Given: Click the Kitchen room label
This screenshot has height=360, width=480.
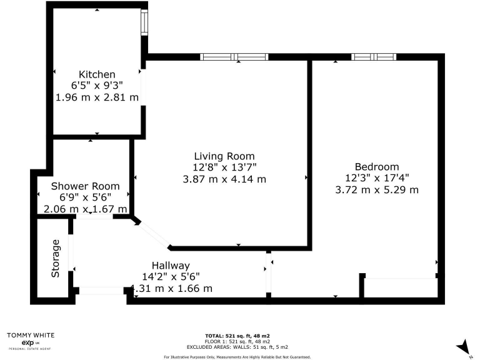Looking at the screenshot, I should (97, 74).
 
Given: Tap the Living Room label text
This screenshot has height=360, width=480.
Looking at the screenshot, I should (224, 156).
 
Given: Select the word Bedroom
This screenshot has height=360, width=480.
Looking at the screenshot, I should (376, 166).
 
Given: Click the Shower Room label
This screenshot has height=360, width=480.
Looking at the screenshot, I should (85, 186).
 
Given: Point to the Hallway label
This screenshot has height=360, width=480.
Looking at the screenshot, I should (171, 266).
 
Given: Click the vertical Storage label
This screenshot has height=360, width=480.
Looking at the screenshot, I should (56, 258).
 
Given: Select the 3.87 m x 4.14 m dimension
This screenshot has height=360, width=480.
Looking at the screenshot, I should (224, 179).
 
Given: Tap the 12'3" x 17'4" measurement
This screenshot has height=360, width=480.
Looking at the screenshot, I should (376, 177).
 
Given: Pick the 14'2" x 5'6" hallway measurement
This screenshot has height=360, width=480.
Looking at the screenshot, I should (171, 277).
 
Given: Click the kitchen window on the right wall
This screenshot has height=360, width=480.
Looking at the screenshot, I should (144, 23).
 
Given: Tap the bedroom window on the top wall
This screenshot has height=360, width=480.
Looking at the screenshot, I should (373, 57).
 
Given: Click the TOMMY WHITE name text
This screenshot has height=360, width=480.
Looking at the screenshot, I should (27, 335).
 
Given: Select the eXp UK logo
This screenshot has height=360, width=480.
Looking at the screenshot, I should (27, 343).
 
